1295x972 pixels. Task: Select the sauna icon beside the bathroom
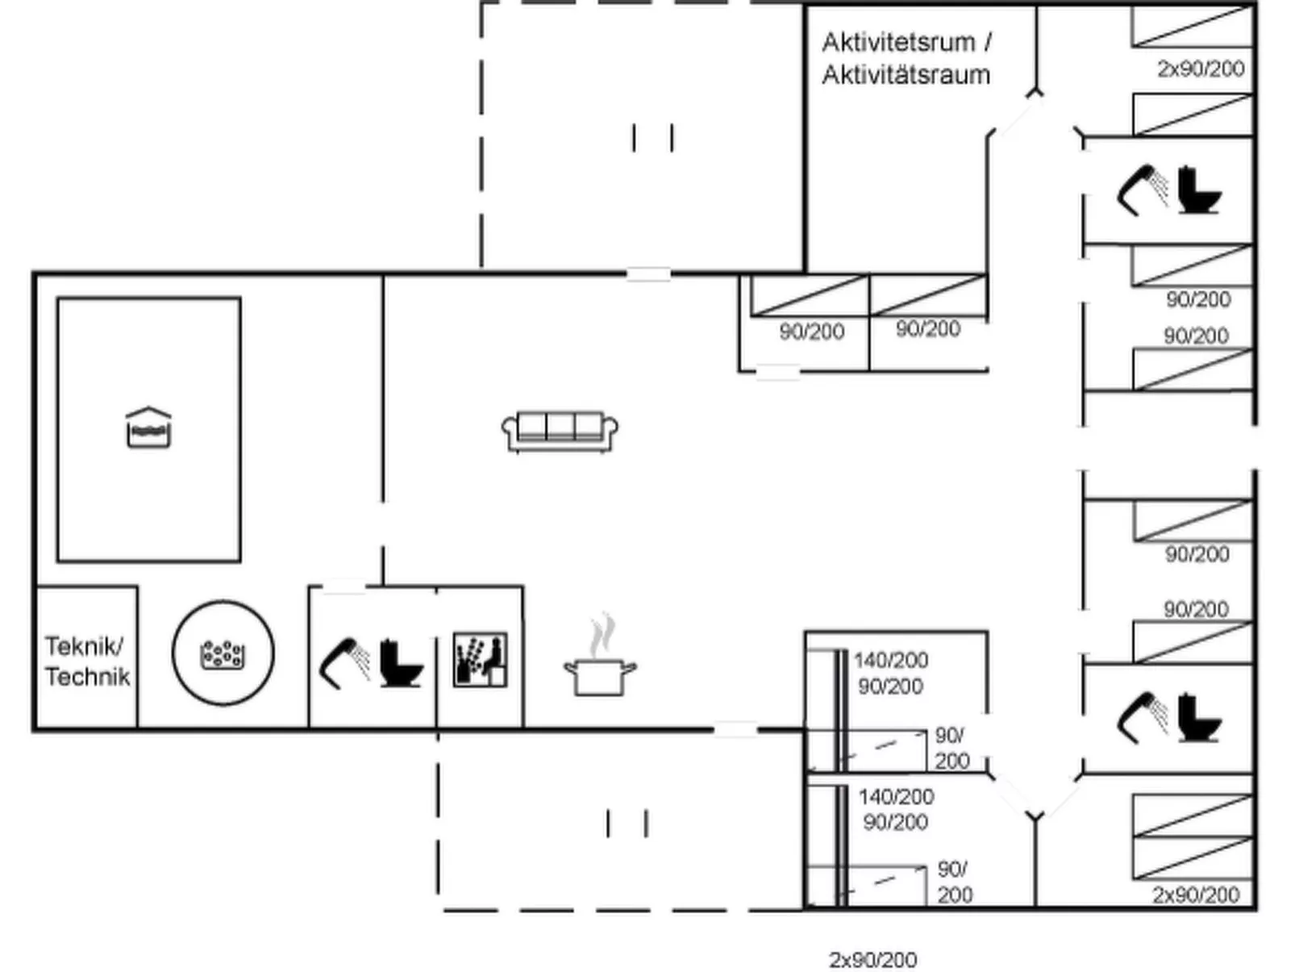pos(481,660)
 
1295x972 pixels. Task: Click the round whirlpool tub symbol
pos(223,653)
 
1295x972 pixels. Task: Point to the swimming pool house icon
pos(148,428)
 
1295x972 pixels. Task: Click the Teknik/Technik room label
pos(87,661)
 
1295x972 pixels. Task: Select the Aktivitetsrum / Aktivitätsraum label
pos(907,59)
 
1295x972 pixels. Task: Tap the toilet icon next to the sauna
pos(402,663)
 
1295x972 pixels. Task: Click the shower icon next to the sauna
pos(345,663)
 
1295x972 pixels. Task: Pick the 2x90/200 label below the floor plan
pos(873,960)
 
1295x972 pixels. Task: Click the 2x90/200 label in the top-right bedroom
pos(1201,69)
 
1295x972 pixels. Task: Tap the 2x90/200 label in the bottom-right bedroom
pos(1196,895)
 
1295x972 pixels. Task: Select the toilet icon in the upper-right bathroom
pos(1199,190)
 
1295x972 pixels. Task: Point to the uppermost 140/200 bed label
pos(892,660)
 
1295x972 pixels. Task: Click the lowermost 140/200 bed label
pos(896,797)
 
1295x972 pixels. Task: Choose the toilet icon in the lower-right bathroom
pos(1199,718)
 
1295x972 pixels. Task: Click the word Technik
pos(87,676)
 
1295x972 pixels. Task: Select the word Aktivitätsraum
pos(906,75)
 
